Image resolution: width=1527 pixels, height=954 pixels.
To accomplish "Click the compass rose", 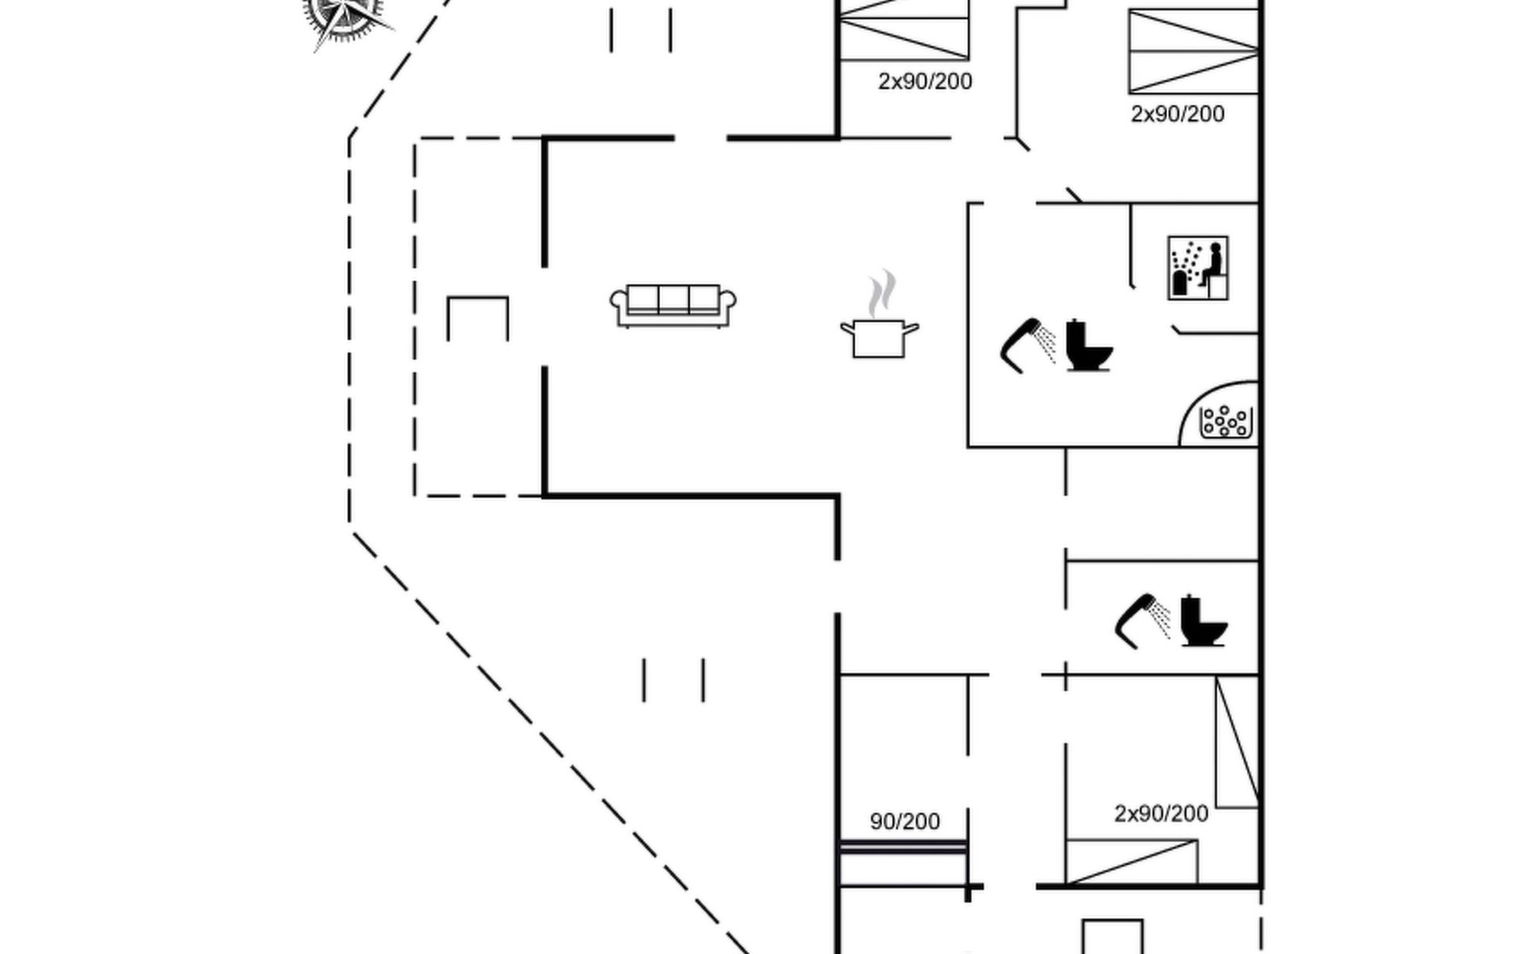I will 344,16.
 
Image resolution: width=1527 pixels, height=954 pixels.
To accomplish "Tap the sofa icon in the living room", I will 673,306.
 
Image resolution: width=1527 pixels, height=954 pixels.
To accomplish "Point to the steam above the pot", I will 881,293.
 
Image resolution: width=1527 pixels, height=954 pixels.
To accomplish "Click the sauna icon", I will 1198,268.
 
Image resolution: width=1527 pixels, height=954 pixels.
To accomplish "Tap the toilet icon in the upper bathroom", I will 1088,346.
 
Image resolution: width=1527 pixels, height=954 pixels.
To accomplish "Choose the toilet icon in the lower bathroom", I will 1202,620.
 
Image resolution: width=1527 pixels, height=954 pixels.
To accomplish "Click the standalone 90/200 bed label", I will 904,821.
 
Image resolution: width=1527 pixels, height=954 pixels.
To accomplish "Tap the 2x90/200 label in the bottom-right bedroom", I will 1161,813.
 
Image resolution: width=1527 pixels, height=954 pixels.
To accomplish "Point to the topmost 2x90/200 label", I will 925,81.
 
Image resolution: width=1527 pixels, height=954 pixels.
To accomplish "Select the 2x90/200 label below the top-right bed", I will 1177,114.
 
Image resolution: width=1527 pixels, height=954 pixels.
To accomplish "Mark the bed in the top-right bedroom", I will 1193,52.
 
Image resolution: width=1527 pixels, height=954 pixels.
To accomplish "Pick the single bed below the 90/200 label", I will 903,863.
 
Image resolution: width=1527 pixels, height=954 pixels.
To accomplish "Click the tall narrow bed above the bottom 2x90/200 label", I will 1237,742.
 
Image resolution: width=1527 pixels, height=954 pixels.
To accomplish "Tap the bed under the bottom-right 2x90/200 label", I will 1131,862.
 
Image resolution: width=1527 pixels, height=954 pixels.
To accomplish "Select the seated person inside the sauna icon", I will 1212,266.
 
